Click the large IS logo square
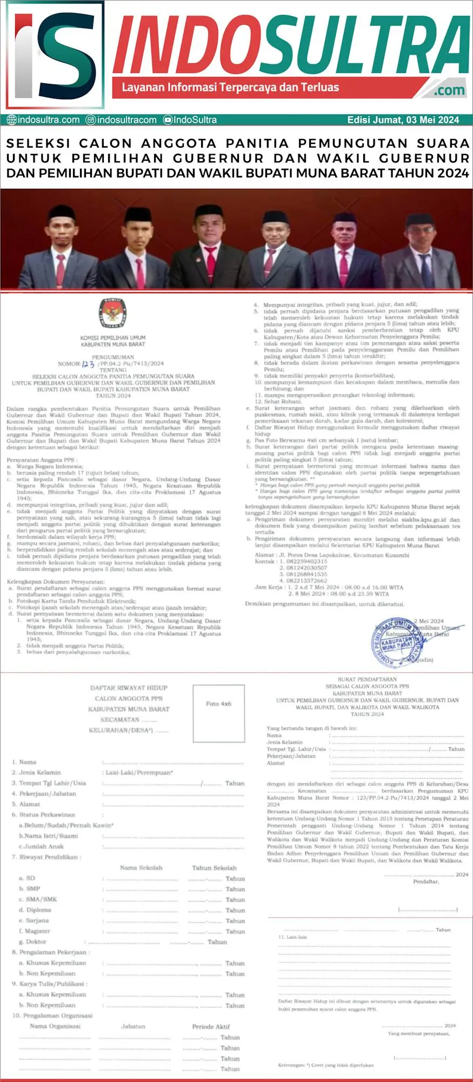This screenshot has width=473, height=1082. coord(54,55)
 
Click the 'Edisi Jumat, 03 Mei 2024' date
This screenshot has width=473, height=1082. coord(403,120)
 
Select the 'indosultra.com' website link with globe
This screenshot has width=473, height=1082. coord(43,120)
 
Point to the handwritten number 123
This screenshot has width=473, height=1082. coord(88,364)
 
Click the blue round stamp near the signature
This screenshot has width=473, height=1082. coord(399,641)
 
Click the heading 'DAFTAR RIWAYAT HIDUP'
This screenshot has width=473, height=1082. coord(129,688)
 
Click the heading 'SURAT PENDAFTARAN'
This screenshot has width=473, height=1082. coord(367,679)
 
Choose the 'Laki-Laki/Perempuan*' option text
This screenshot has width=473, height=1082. coord(139,773)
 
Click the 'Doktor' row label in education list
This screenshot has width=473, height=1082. coord(36,942)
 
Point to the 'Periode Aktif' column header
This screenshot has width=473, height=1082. coord(211,1026)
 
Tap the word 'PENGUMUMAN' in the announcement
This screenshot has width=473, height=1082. coord(113,357)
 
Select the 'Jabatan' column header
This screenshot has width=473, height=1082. coord(133,1026)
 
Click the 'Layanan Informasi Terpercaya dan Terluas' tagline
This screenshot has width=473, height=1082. coord(230,88)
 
